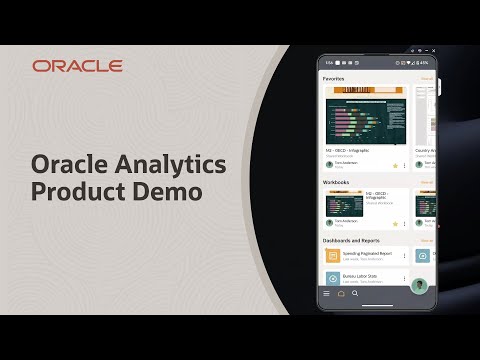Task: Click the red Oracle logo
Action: (x=77, y=66)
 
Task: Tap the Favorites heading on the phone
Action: (x=333, y=77)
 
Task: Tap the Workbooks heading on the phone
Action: (x=335, y=182)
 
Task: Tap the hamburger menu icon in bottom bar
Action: (x=326, y=294)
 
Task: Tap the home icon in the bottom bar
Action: (x=340, y=294)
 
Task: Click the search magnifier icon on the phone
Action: (x=354, y=294)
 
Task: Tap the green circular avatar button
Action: (x=422, y=286)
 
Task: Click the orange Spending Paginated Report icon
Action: (x=332, y=256)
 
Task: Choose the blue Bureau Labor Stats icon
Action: (x=332, y=278)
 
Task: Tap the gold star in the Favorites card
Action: (x=395, y=166)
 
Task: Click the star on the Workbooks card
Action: (x=395, y=222)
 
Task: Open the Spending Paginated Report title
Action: (x=367, y=253)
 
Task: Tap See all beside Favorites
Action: (x=427, y=77)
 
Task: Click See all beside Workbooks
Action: (x=427, y=182)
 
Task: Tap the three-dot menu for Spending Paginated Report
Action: (x=405, y=256)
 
